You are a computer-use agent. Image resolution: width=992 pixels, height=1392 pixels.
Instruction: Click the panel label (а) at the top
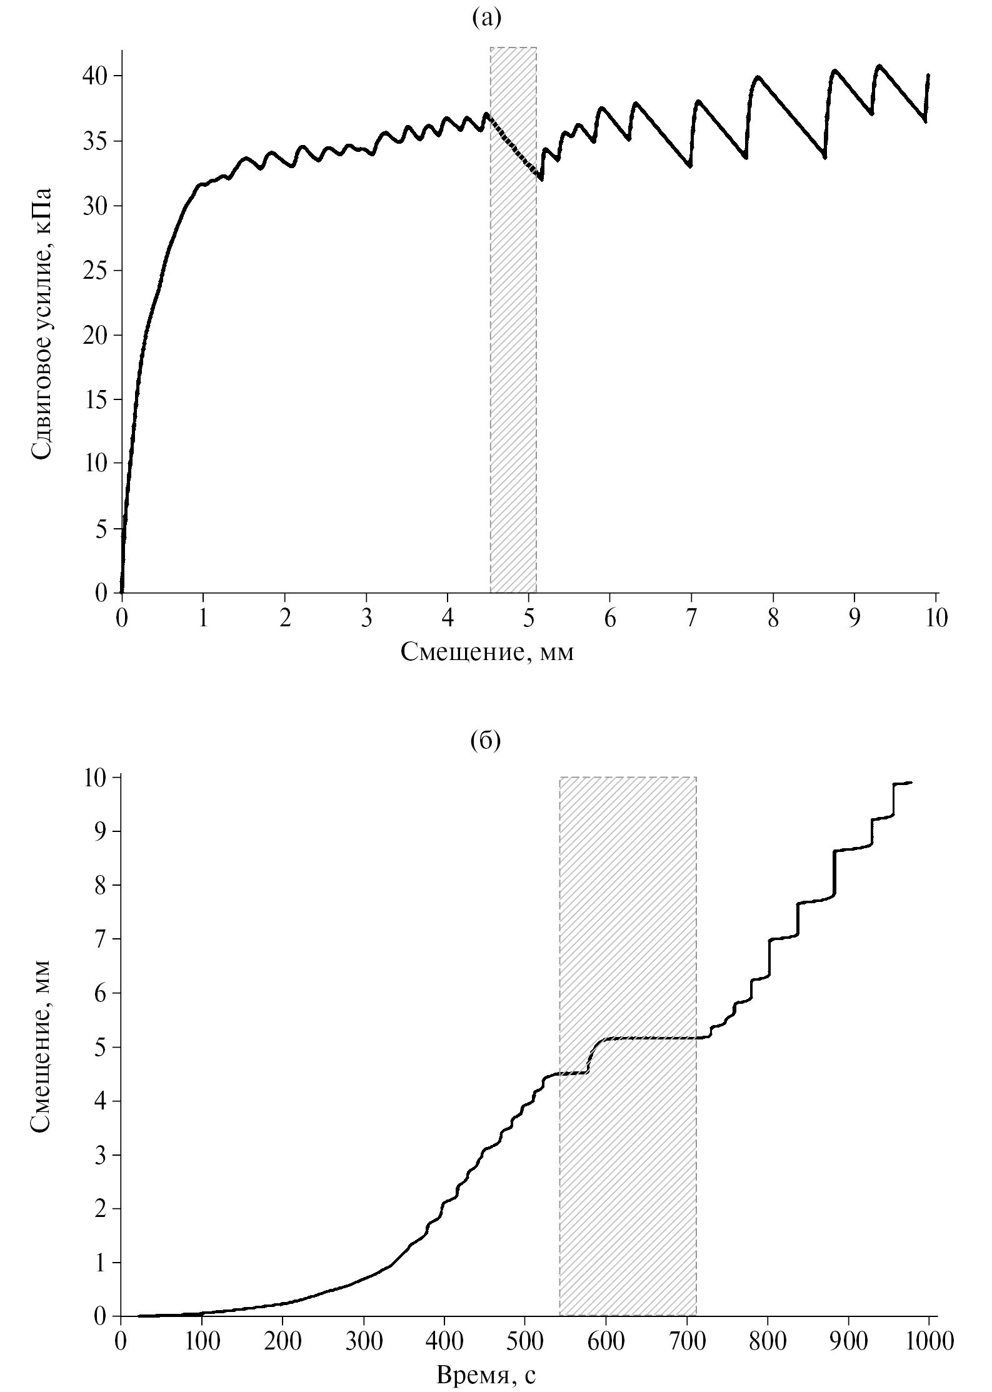point(486,19)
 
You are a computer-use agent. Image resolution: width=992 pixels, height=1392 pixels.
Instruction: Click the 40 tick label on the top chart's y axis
point(95,76)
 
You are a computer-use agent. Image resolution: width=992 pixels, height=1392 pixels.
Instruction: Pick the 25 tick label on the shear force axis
point(95,271)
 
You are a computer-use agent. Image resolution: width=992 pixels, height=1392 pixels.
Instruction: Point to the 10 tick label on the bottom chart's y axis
point(95,777)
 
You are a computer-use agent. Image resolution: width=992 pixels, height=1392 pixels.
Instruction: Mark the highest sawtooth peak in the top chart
point(879,66)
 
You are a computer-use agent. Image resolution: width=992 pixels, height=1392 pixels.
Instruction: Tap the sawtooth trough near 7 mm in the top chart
point(689,166)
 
